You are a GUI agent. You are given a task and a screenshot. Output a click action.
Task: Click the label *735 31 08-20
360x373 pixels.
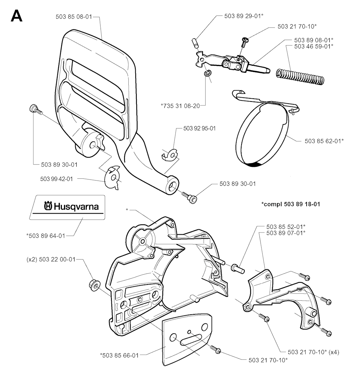tap(180, 105)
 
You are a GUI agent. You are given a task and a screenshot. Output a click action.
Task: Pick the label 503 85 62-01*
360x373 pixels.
tap(324, 141)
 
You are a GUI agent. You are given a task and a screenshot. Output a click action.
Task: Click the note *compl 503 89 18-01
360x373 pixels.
tap(290, 204)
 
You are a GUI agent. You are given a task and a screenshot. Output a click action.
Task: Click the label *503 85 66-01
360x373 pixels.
tap(120, 355)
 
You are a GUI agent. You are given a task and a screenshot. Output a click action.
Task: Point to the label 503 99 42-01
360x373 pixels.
tap(57, 179)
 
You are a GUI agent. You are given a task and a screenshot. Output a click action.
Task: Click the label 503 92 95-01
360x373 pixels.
tap(199, 129)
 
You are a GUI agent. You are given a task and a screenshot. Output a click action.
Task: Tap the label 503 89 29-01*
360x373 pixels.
tap(244, 16)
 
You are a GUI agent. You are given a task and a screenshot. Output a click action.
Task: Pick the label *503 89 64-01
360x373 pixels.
tap(46, 236)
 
